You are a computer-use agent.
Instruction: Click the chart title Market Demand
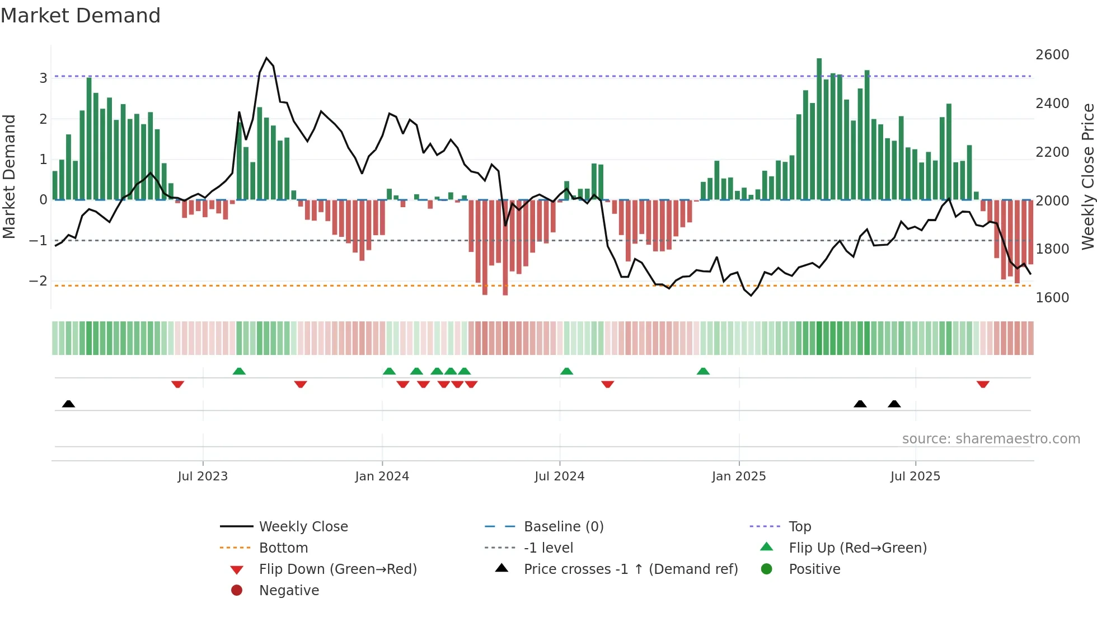click(81, 16)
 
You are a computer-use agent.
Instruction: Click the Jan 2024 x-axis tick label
click(382, 476)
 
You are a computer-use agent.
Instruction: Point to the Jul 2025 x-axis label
click(915, 476)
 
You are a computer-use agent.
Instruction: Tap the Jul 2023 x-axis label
click(203, 476)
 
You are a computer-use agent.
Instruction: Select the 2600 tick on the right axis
click(1052, 55)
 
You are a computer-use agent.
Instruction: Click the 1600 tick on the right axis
click(1052, 298)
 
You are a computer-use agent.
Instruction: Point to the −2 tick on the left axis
click(38, 281)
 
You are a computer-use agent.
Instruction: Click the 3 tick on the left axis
click(43, 78)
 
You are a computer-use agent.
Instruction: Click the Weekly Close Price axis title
click(1087, 176)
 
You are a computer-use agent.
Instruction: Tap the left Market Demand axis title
click(10, 176)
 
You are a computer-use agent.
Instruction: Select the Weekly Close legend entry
click(303, 527)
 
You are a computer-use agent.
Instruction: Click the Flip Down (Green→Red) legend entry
click(337, 569)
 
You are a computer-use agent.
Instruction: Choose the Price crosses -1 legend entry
click(630, 569)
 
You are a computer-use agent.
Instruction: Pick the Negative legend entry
click(289, 591)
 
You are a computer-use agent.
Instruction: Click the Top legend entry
click(799, 527)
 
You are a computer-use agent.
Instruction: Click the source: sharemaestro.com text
click(991, 439)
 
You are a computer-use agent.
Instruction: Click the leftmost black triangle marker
click(68, 404)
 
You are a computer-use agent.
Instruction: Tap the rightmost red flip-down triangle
click(983, 384)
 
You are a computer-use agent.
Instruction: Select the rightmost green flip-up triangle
click(703, 371)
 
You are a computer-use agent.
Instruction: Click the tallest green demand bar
click(819, 129)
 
